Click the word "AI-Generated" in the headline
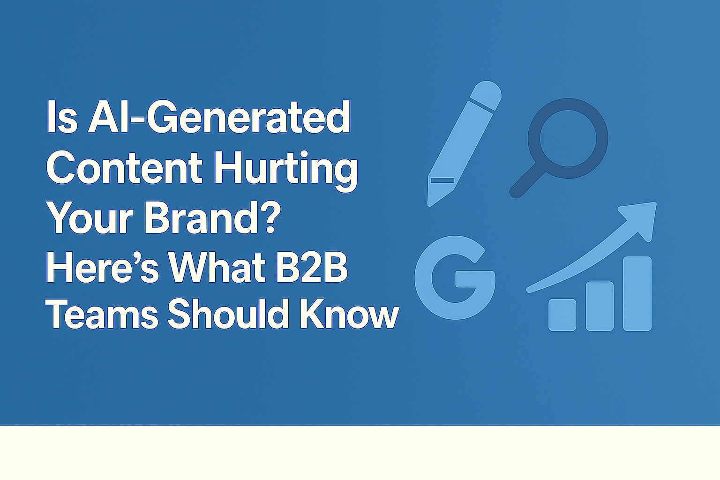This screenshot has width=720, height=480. (x=219, y=118)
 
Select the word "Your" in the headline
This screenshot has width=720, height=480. (x=91, y=217)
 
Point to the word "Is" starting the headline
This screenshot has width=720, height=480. (x=62, y=118)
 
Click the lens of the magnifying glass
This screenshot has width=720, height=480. (x=568, y=138)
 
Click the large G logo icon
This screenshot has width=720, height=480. (x=455, y=277)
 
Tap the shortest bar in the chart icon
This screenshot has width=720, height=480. (x=562, y=315)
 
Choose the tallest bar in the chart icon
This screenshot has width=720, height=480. (x=637, y=293)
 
